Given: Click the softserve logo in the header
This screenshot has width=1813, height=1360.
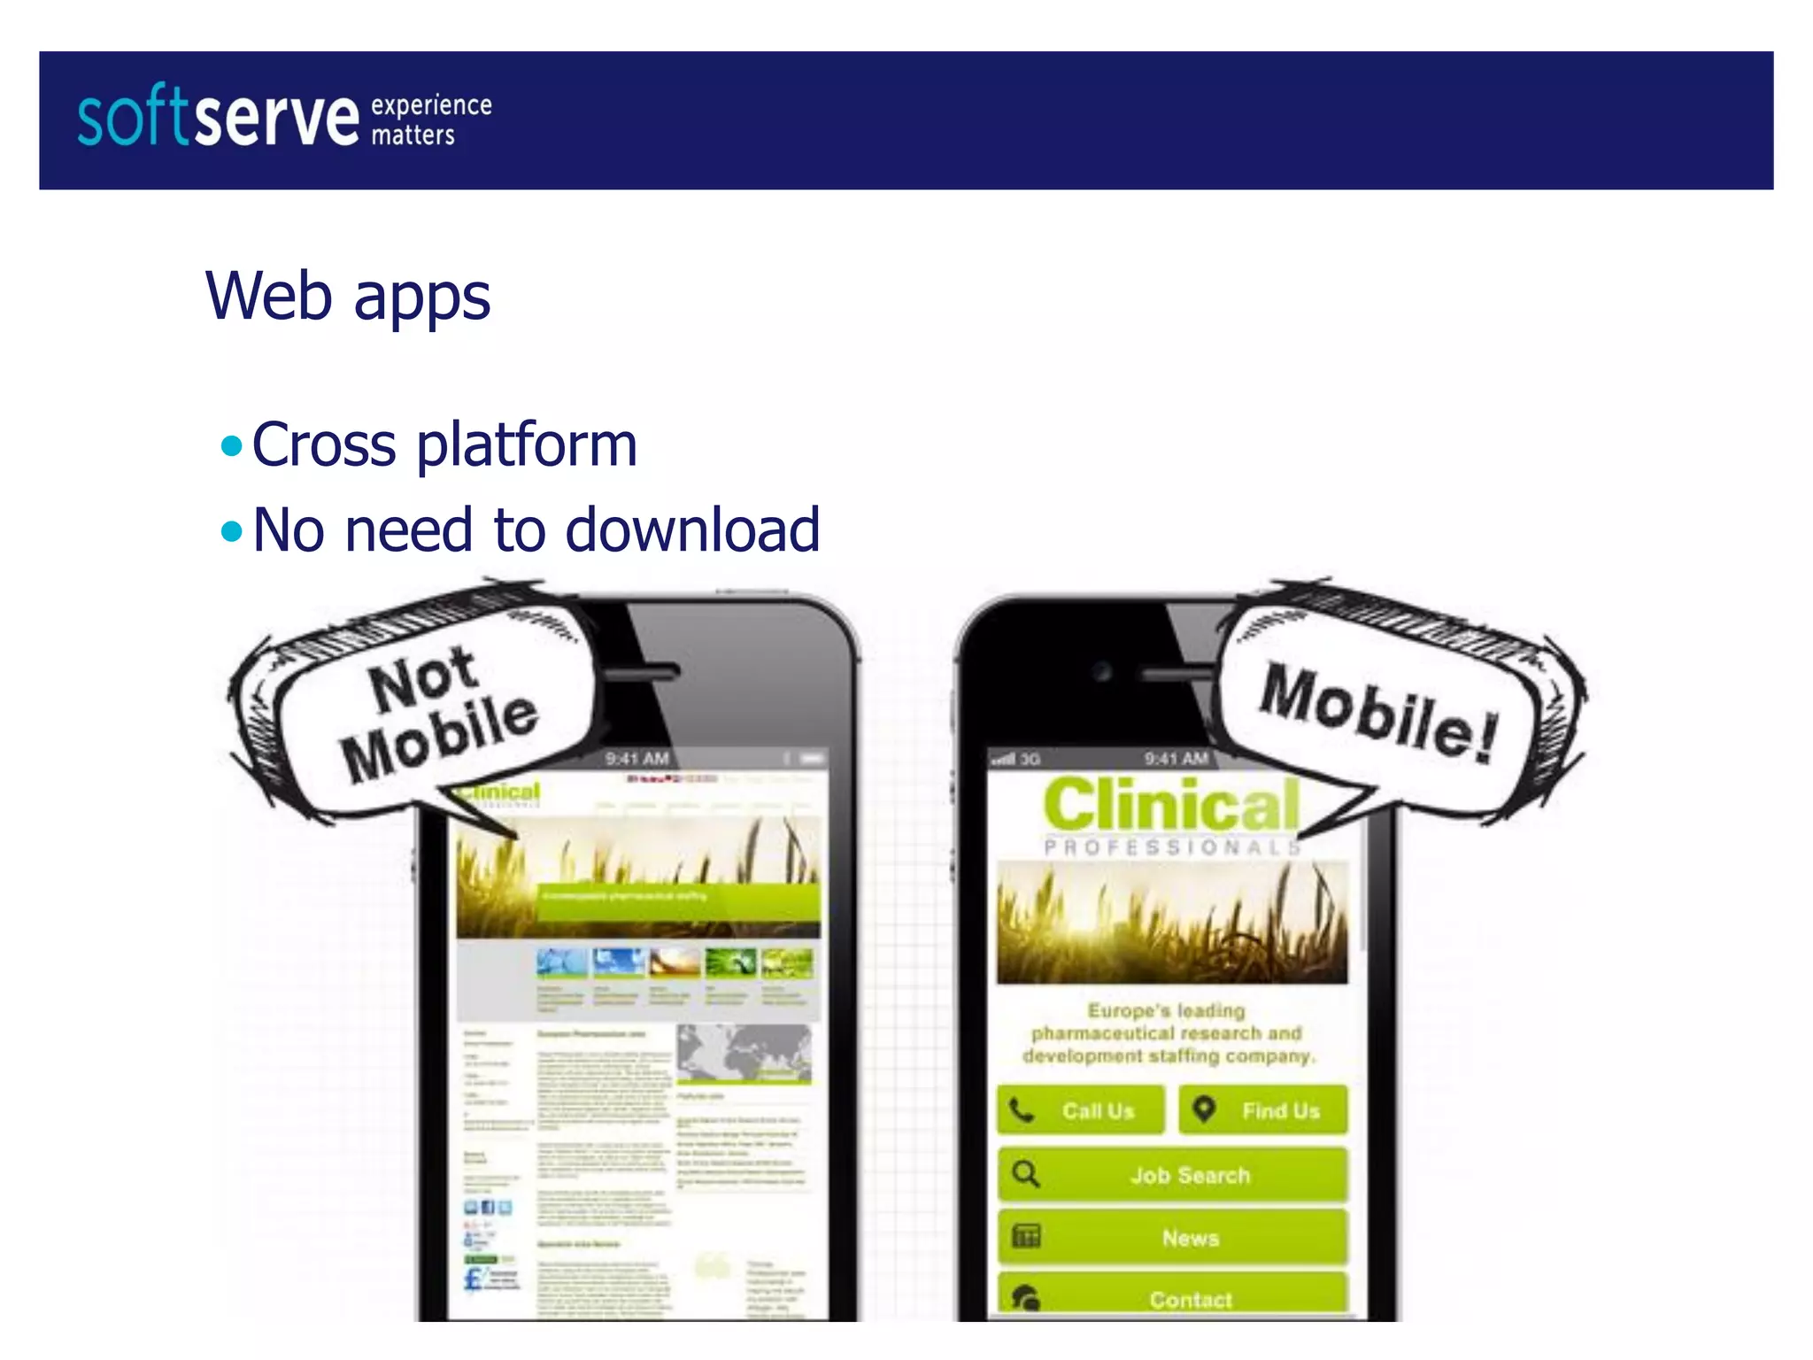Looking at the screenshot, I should click(x=218, y=117).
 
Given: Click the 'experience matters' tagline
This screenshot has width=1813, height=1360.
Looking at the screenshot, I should click(x=430, y=120).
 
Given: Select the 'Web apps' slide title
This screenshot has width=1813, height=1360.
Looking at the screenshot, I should click(x=348, y=296).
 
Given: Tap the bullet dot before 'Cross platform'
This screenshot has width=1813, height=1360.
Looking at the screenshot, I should click(x=232, y=445).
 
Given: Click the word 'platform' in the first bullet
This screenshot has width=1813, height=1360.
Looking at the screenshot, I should click(x=527, y=445).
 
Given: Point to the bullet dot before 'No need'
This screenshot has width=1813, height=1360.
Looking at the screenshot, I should click(x=232, y=531).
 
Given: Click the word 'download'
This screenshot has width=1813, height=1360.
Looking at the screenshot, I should click(x=692, y=530).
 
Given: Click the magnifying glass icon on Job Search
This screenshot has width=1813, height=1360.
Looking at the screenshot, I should click(x=1026, y=1174).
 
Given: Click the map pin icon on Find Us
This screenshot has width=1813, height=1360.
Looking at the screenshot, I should click(x=1204, y=1109).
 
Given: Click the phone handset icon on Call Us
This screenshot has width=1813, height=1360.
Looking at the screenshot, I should click(x=1022, y=1110).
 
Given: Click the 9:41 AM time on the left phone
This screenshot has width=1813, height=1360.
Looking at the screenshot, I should click(x=636, y=759).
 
